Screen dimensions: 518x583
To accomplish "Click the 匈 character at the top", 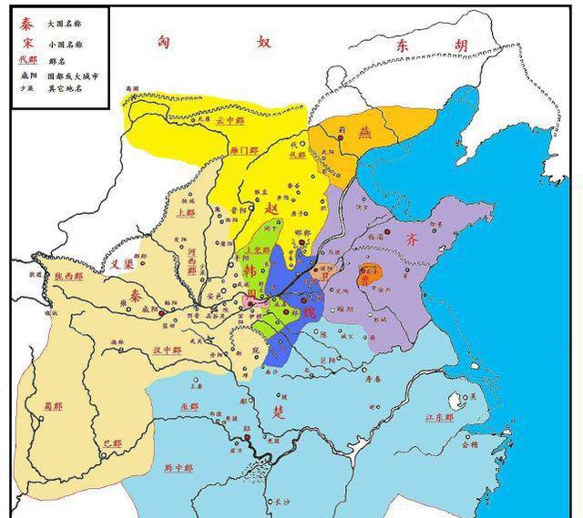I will [x=164, y=41].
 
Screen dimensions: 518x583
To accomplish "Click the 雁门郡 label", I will [x=244, y=149].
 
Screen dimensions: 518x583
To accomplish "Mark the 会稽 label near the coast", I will [x=469, y=445].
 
